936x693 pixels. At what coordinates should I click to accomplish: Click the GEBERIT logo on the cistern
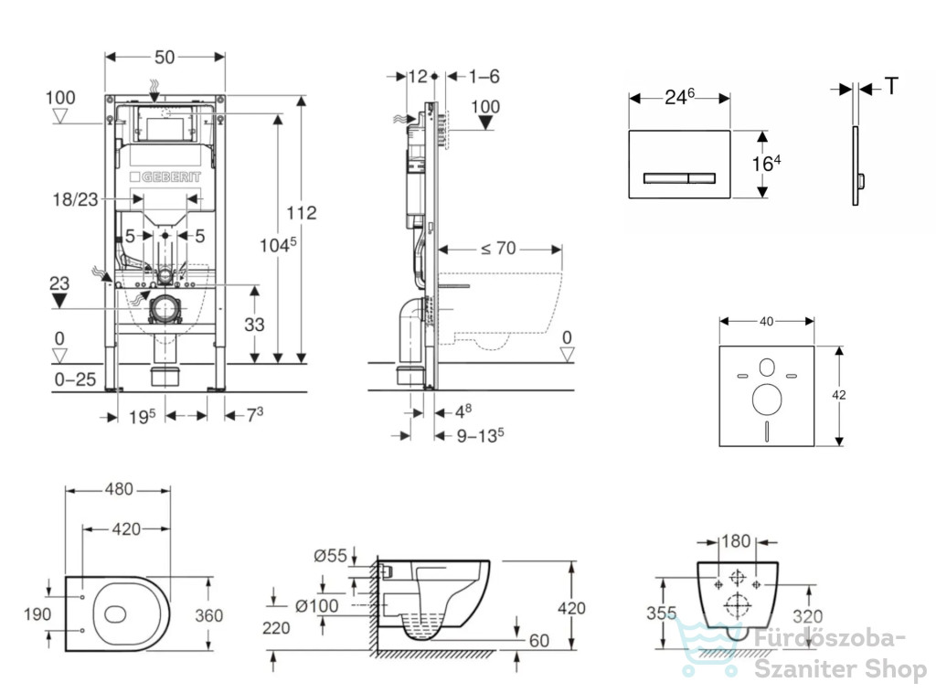pos(165,176)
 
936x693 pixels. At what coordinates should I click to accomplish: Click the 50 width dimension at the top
pos(165,58)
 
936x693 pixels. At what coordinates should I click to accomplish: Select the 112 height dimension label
pos(302,212)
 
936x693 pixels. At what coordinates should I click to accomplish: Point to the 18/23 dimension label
pos(75,198)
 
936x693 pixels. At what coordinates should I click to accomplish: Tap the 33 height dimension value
pos(254,325)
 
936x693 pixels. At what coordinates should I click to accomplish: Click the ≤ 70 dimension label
pos(498,248)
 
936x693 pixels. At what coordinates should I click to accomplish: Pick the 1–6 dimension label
pos(484,77)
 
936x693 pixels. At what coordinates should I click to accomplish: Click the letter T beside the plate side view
pos(891,87)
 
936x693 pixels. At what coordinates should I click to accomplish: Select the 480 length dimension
pos(119,489)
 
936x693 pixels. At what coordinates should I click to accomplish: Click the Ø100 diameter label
pos(317,606)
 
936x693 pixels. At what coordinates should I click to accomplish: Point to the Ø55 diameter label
pos(330,556)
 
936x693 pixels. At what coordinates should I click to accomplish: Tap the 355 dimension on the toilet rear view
pos(662,613)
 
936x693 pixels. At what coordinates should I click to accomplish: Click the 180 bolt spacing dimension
pos(736,541)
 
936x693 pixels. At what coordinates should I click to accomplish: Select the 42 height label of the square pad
pos(839,395)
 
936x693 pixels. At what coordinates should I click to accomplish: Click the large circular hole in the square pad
pos(767,400)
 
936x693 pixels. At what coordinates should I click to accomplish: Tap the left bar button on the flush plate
pos(665,178)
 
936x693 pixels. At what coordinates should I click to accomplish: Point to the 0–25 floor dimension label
pos(75,379)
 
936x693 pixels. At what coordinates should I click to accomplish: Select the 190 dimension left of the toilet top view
pos(37,613)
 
